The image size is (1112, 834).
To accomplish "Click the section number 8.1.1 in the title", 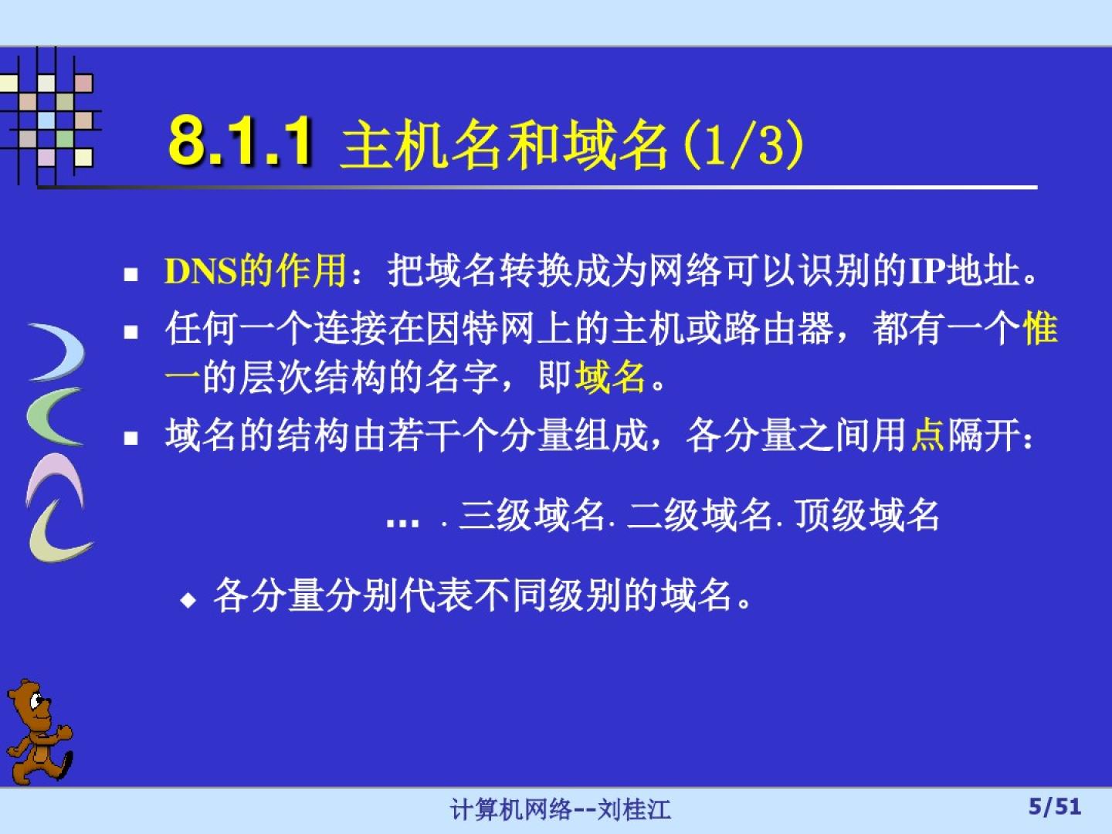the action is (x=241, y=141).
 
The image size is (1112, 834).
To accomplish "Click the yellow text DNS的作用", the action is (x=256, y=270).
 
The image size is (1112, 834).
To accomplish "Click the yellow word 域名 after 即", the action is (x=609, y=378).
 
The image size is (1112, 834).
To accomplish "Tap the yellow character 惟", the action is (x=1040, y=328).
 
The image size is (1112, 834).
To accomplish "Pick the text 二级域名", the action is (x=699, y=516).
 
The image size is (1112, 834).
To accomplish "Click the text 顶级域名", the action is (x=867, y=516).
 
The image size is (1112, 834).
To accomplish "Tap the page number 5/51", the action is (x=1055, y=807).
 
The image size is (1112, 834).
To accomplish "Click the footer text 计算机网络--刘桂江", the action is (x=561, y=809).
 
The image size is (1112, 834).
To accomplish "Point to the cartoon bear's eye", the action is (x=36, y=702).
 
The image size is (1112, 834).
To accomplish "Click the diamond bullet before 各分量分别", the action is (x=188, y=600).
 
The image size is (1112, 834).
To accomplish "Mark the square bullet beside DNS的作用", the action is (x=131, y=274).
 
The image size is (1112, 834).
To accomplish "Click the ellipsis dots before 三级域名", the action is (x=403, y=523).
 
